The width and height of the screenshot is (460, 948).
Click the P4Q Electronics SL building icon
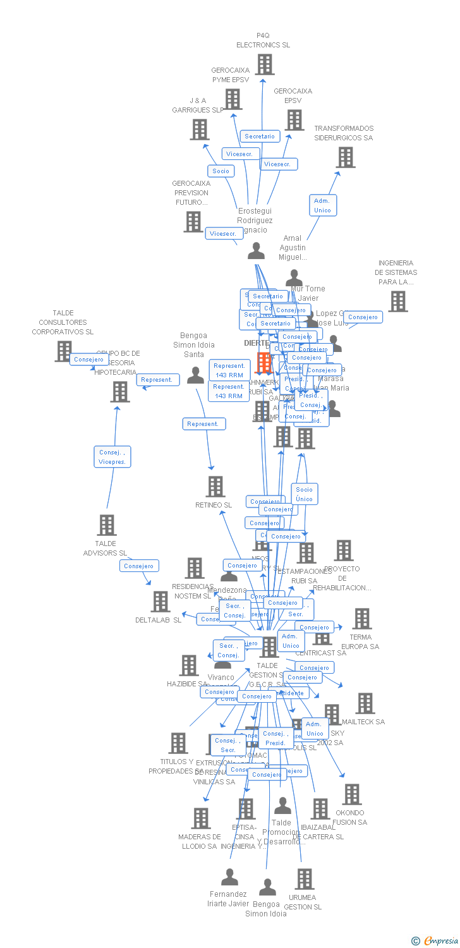pos(264,64)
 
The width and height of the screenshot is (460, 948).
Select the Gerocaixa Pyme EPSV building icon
pos(233,99)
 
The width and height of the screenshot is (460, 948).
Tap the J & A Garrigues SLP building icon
pos(200,130)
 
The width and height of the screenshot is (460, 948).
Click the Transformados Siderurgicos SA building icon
pos(346,157)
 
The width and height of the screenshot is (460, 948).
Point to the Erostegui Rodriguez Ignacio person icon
pos(256,252)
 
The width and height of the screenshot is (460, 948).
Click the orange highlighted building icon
pos(263,363)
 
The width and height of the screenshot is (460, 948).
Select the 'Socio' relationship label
pos(221,171)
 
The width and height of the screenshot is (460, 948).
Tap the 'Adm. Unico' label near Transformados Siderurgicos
pos(322,205)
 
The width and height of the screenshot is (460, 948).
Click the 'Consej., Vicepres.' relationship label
pos(112,456)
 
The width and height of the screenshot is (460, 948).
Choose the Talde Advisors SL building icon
pos(106,525)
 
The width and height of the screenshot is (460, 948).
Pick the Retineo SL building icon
pos(215,487)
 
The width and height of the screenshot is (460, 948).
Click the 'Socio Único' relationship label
pos(304,494)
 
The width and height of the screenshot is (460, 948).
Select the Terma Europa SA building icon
pos(361,619)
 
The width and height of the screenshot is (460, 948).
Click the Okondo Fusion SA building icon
pos(351,794)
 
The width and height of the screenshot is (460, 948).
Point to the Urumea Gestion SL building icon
pos(305,879)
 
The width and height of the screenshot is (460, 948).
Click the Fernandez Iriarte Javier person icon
pos(229,877)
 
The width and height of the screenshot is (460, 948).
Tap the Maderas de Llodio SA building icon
pos(200,818)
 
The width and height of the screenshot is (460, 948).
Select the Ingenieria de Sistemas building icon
pos(397,302)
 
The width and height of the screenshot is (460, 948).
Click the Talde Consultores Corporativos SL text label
pos(63,322)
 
